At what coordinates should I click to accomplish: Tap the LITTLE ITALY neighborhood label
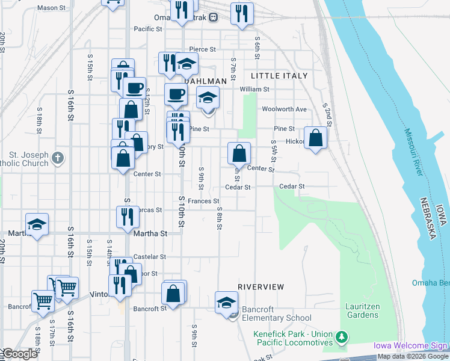pyautogui.click(x=279, y=76)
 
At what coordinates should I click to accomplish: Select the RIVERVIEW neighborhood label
pyautogui.click(x=260, y=286)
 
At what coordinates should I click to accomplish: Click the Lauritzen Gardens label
pyautogui.click(x=362, y=310)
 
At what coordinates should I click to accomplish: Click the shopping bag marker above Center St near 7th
pyautogui.click(x=239, y=154)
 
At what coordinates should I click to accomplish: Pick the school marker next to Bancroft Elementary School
pyautogui.click(x=226, y=301)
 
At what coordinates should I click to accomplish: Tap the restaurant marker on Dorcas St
pyautogui.click(x=126, y=217)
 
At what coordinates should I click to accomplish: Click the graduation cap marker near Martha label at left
pyautogui.click(x=37, y=224)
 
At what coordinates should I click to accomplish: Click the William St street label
pyautogui.click(x=254, y=89)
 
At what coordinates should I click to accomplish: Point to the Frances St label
pyautogui.click(x=203, y=201)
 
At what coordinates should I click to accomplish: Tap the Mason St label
pyautogui.click(x=51, y=8)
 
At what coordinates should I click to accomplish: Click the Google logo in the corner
pyautogui.click(x=20, y=354)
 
